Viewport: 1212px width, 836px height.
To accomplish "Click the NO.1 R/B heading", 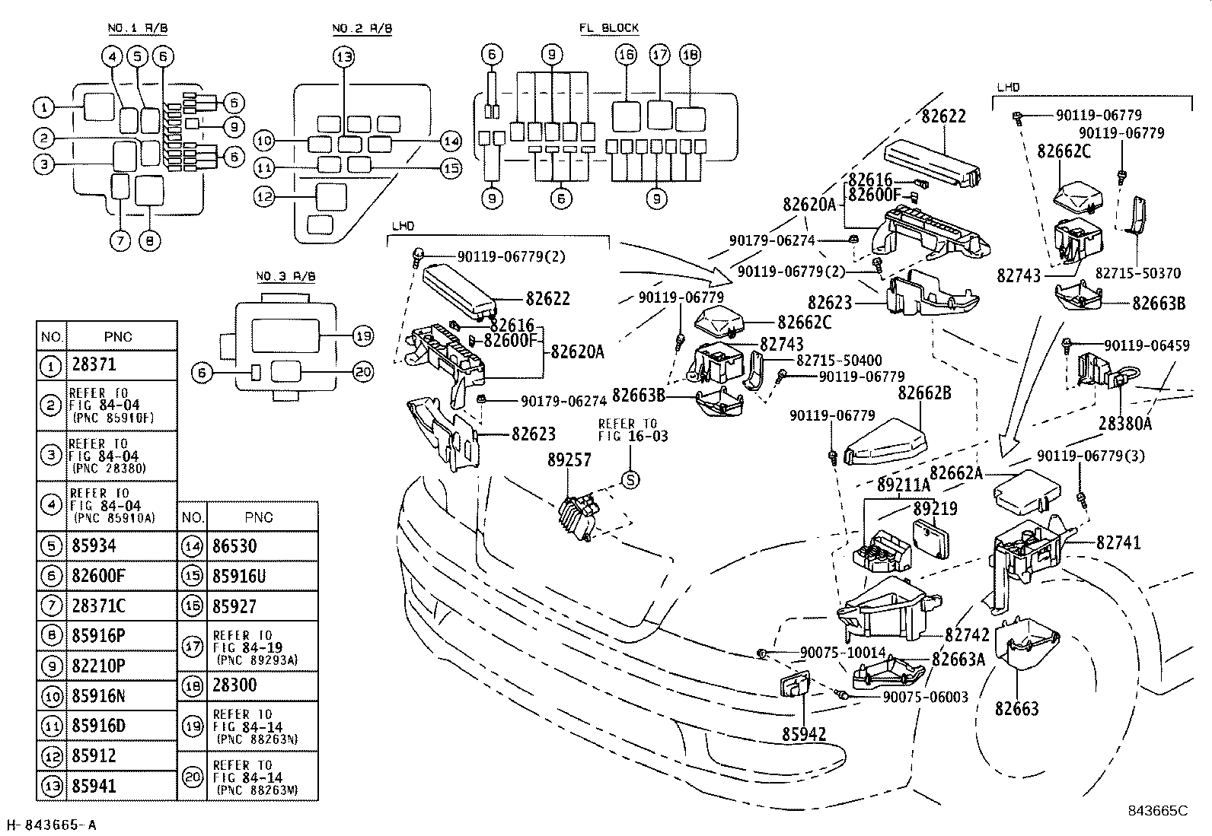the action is coord(138,28).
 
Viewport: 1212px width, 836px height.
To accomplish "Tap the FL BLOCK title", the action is coord(609,28).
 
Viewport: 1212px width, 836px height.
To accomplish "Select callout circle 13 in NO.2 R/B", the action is coord(344,56).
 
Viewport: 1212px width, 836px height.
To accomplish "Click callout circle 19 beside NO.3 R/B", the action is coord(363,335).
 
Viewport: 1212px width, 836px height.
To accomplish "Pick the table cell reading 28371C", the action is coord(98,605).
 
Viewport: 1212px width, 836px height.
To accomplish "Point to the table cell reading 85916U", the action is coord(239,576).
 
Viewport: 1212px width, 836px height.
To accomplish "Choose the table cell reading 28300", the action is coord(234,685).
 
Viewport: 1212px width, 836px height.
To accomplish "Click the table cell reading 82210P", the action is coord(98,665).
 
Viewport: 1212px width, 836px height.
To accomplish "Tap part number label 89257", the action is coord(569,459).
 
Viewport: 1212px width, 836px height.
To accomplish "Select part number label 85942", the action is coord(804,734).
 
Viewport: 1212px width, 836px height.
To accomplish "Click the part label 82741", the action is coord(1118,542).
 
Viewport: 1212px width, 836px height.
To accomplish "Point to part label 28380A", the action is coord(1125,423).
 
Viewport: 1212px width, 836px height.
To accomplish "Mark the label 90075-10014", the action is coord(843,653).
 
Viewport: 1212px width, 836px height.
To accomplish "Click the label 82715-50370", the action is coord(1138,273).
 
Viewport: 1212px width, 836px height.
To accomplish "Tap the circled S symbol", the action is coord(630,480).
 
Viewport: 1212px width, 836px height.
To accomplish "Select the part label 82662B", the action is coord(924,393).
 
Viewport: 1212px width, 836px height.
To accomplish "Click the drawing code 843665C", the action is coord(1158,811).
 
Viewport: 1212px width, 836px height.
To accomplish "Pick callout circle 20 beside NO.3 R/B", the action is coord(363,372).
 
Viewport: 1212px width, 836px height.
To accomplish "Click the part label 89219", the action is coord(936,508).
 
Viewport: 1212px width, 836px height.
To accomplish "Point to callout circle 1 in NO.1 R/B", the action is coord(44,107).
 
